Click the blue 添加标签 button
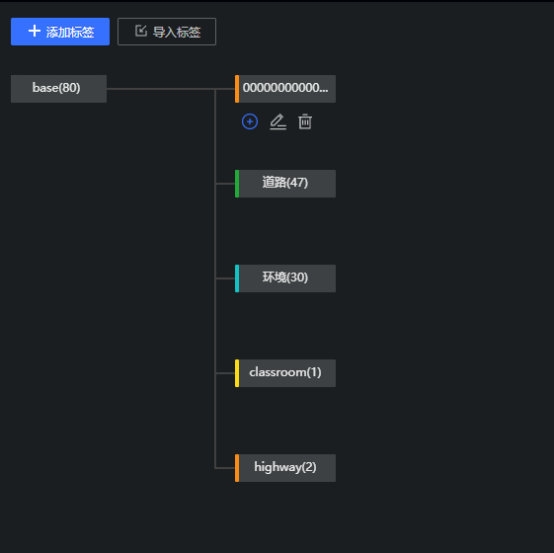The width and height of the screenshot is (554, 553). point(60,32)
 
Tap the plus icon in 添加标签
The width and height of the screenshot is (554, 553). point(35,31)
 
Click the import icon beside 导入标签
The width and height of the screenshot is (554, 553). point(141,31)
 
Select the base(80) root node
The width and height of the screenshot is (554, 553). point(58,89)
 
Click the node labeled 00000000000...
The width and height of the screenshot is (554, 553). point(285,89)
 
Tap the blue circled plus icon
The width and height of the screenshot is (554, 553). point(250,121)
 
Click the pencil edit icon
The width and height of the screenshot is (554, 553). point(278,121)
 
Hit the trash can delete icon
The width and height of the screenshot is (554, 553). point(305,121)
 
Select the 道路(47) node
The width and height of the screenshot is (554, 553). point(285,184)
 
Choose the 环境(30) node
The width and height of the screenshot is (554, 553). point(285,278)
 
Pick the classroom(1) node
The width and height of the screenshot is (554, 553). point(285,373)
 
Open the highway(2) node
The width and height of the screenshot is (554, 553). point(285,468)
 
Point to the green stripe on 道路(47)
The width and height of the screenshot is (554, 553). point(237,184)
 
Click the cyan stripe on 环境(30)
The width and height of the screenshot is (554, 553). point(237,278)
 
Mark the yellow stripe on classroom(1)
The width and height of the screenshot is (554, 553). point(237,373)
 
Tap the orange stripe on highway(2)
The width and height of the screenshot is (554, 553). point(237,468)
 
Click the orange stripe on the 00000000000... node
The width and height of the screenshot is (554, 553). point(237,89)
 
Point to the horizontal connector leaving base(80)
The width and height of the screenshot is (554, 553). point(171,89)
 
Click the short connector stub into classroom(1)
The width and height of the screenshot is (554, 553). point(225,373)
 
